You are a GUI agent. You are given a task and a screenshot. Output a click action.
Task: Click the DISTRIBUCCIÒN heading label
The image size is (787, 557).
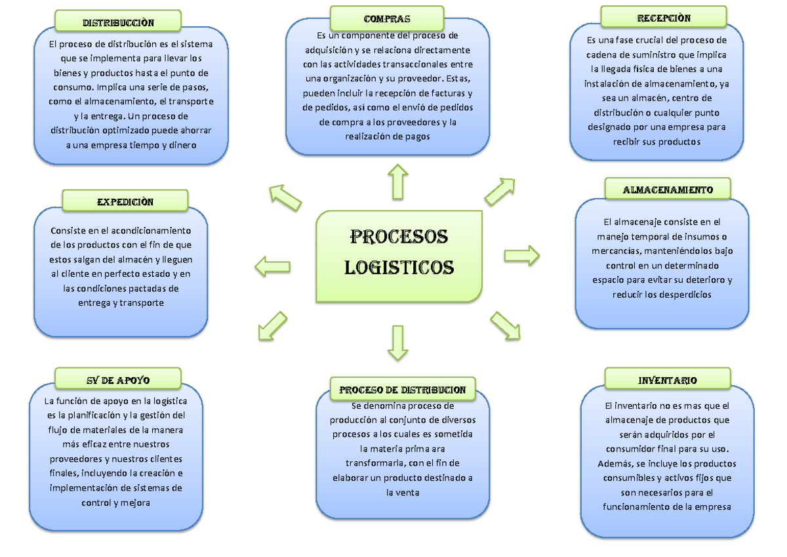pos(118,22)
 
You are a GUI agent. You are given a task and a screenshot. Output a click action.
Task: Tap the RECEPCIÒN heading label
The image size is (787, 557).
pos(663,18)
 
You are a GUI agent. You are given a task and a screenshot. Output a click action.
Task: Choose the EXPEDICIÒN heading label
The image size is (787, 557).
pos(125,201)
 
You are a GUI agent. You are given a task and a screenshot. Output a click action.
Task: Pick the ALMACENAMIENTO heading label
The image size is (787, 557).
pos(667,190)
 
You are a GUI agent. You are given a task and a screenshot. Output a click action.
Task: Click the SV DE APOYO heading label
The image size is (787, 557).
pos(118,379)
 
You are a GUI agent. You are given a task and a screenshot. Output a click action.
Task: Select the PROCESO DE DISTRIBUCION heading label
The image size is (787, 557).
pos(402,390)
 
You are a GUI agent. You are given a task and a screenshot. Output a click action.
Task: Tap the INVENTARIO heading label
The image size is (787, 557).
pos(667,380)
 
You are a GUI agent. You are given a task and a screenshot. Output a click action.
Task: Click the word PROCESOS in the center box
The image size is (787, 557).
pos(399,236)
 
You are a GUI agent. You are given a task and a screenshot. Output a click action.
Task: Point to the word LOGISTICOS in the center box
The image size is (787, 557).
pos(399,268)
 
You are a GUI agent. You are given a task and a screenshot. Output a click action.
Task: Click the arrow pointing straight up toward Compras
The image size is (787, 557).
pos(397,182)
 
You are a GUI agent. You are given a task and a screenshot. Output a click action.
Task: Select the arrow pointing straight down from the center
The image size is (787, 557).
pos(397,342)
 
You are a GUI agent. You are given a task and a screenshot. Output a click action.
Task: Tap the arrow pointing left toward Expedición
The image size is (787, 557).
pos(272,266)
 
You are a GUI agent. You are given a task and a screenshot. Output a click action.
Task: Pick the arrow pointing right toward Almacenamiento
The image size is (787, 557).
pos(522,255)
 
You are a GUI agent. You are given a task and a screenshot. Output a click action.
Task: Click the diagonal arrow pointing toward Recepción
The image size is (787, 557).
pos(500,192)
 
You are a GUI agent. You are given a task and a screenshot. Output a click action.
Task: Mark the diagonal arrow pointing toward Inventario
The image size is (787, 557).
pos(506,325)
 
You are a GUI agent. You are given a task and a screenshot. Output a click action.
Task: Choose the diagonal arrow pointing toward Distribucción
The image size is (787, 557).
pos(285,197)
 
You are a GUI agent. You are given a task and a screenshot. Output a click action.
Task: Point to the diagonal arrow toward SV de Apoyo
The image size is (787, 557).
pos(273,326)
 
